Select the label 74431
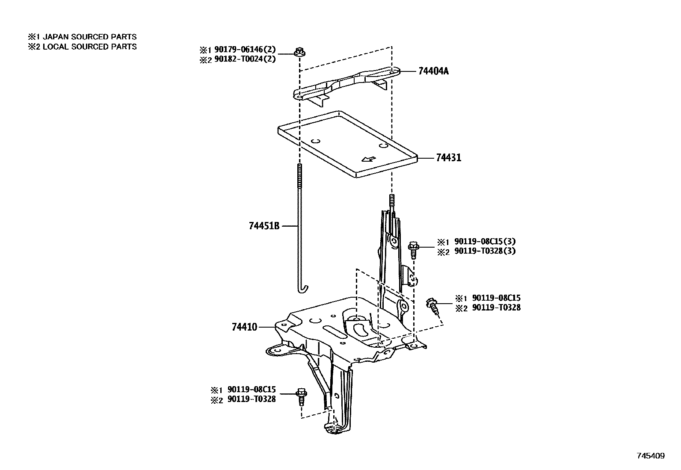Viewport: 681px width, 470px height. click(x=449, y=158)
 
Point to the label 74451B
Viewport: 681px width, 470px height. click(x=264, y=225)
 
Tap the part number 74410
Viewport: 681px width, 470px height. click(x=244, y=327)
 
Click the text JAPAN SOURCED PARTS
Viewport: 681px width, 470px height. click(x=89, y=37)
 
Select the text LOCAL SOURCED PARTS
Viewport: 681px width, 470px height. click(x=89, y=47)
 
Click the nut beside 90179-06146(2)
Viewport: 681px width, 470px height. click(x=298, y=52)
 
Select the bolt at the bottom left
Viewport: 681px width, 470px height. click(x=302, y=396)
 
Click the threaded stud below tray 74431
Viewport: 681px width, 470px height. click(x=391, y=201)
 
